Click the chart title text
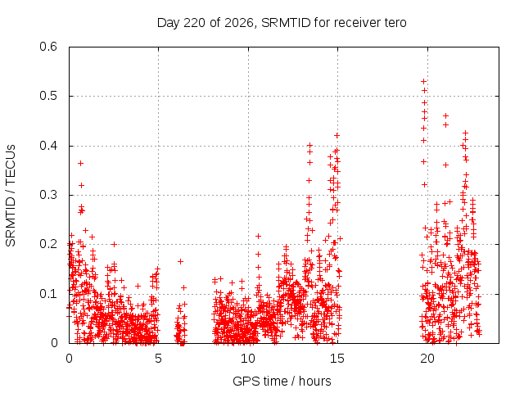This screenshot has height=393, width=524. click(x=282, y=23)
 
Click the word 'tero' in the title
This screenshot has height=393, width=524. click(x=395, y=23)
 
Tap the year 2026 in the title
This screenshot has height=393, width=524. click(x=239, y=23)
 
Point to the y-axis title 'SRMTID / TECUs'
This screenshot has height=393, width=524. click(x=11, y=196)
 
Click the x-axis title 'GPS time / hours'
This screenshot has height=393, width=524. click(x=282, y=382)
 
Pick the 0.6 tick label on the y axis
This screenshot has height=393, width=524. click(x=48, y=47)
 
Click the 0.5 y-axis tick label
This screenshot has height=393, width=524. click(x=48, y=97)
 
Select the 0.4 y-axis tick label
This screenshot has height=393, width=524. click(x=48, y=146)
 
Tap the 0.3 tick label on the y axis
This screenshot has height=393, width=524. click(x=48, y=195)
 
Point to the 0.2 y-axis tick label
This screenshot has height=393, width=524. click(x=48, y=244)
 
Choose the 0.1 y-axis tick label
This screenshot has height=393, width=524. click(x=48, y=294)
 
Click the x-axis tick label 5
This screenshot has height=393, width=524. click(x=158, y=359)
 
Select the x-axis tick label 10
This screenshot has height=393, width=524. click(x=248, y=359)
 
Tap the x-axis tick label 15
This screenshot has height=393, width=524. click(x=337, y=359)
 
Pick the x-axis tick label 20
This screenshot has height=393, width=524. click(x=427, y=359)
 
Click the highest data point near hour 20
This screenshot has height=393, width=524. click(x=424, y=82)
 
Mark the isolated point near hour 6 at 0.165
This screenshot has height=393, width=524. click(x=180, y=262)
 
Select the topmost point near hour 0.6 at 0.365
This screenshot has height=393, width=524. click(x=80, y=164)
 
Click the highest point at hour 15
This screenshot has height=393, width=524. click(x=337, y=136)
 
